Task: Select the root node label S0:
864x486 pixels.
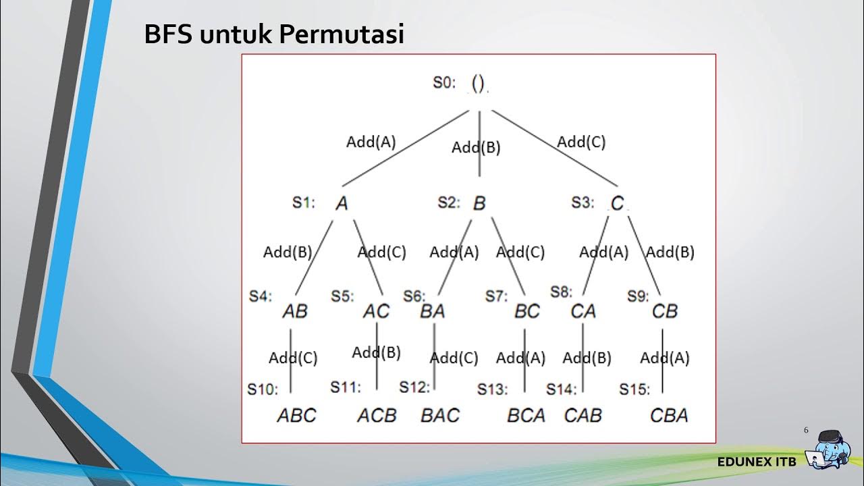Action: click(444, 83)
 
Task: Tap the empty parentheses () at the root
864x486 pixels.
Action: click(478, 83)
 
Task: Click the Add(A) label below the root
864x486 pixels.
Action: click(371, 142)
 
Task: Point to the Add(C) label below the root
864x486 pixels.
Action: click(581, 142)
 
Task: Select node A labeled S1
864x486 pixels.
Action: click(342, 203)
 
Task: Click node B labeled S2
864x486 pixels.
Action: click(479, 203)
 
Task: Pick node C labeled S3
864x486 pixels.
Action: click(617, 203)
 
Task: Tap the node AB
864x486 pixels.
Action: click(295, 311)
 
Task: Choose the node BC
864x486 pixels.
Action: click(527, 311)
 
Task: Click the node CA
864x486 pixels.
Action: click(583, 311)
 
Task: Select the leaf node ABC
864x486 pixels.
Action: click(296, 415)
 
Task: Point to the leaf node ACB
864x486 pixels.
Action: click(377, 415)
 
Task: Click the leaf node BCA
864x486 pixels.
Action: click(526, 415)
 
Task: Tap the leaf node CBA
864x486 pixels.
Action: click(669, 415)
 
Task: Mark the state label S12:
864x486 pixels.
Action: click(414, 387)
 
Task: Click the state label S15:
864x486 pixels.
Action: click(634, 389)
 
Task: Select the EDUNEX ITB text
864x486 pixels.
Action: click(757, 462)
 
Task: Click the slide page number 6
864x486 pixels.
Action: click(806, 431)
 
